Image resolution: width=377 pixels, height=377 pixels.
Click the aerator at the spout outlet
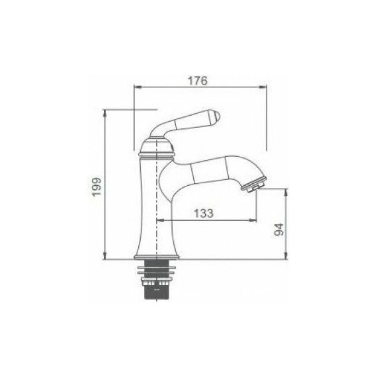255,183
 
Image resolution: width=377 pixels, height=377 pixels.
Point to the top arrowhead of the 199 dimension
106,112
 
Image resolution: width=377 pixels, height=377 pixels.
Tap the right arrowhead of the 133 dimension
255,220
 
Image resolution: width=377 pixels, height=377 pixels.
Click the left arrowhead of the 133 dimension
159,220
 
